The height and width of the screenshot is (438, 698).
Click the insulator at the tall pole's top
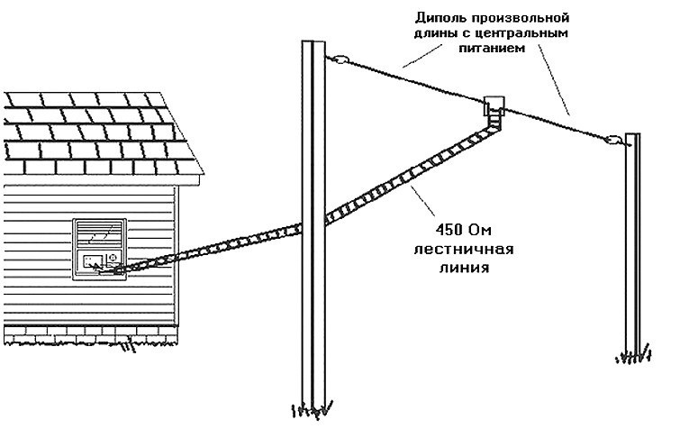click(x=337, y=60)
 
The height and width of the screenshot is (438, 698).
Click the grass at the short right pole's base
click(x=633, y=357)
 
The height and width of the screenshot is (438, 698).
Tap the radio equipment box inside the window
click(x=100, y=261)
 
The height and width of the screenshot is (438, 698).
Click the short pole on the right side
click(x=632, y=243)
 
